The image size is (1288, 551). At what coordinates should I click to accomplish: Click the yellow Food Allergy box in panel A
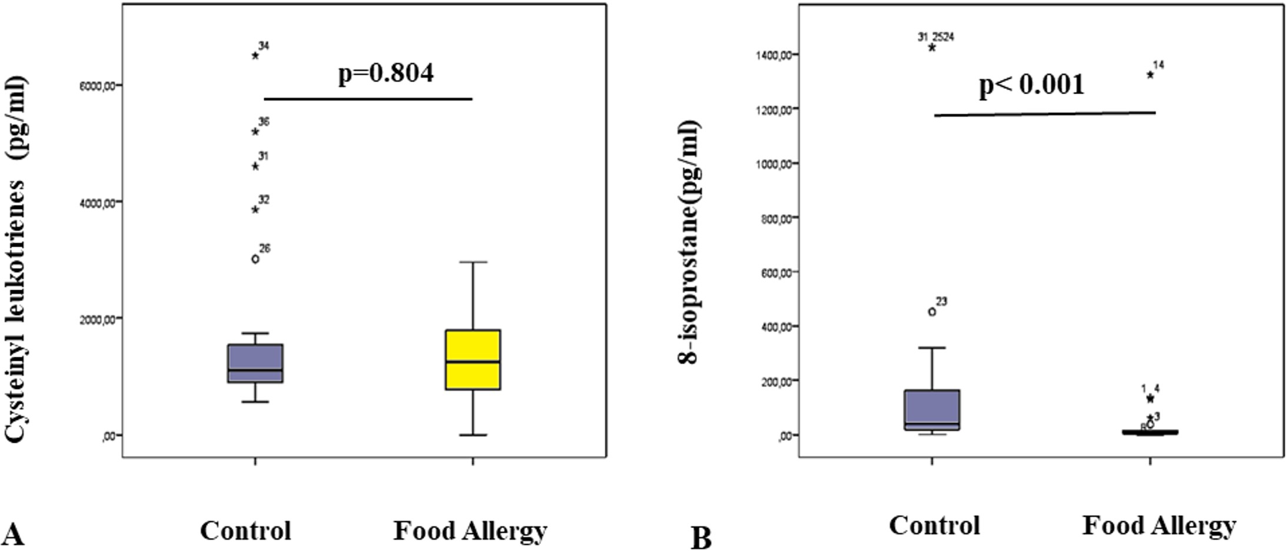click(473, 360)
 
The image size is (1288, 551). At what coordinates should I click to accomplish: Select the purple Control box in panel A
click(255, 363)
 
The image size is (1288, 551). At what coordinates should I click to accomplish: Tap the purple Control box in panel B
click(932, 410)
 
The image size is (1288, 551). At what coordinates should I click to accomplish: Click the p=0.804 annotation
click(386, 73)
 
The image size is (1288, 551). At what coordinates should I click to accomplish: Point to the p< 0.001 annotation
click(1031, 85)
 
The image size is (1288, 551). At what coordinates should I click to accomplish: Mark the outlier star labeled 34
click(255, 55)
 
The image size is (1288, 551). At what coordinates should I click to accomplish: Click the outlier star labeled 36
click(255, 131)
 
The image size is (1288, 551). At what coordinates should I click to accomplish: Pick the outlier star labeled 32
click(255, 210)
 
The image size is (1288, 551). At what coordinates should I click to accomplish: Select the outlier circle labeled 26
click(255, 259)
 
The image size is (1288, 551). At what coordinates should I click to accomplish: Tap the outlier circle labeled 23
click(932, 312)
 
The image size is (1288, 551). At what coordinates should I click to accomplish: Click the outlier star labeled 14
click(1150, 75)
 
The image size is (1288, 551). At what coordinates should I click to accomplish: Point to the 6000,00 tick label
click(98, 85)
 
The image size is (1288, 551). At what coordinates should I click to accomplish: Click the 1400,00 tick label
click(774, 55)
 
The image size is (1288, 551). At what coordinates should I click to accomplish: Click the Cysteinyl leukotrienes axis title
click(16, 259)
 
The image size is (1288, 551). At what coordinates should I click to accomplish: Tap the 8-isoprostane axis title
click(689, 241)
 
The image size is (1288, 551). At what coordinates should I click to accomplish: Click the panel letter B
click(701, 538)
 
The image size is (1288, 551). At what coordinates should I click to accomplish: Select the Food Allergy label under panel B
click(1158, 526)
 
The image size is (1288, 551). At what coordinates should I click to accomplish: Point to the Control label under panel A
click(245, 530)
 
